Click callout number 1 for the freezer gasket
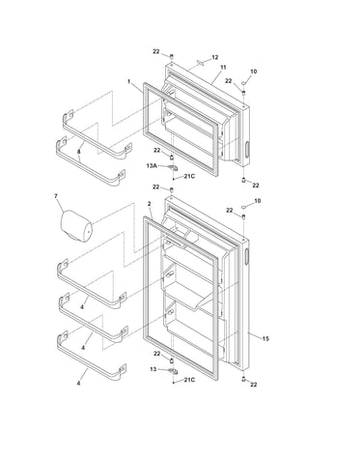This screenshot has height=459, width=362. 129,81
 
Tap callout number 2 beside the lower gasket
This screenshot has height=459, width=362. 149,204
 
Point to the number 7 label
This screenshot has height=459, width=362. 56,195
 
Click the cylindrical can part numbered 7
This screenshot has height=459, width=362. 76,226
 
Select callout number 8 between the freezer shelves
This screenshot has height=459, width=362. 78,152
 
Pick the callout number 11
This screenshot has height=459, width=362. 223,68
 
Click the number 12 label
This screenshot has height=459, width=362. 215,57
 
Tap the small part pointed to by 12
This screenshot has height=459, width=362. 201,63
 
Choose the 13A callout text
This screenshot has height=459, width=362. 152,166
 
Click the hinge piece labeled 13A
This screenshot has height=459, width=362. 173,167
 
